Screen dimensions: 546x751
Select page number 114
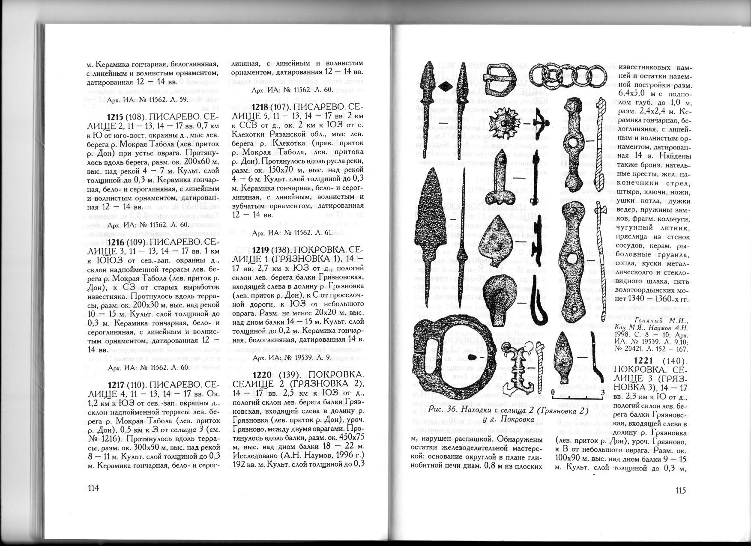93,488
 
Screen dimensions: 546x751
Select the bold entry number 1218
260,107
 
